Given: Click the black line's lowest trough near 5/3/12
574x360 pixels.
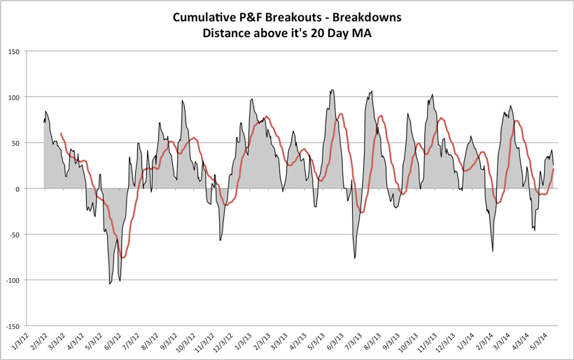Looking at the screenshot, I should point(110,284).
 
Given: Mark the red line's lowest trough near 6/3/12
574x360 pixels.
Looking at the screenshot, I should point(123,258).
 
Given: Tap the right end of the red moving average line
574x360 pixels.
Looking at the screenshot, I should point(554,168).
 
